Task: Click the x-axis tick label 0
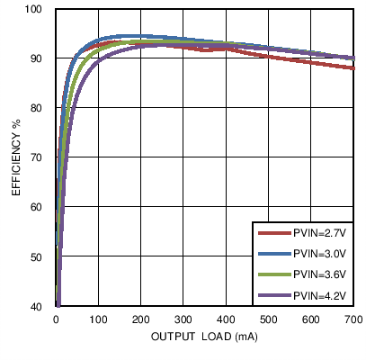pyautogui.click(x=56, y=319)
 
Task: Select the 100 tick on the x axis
pyautogui.click(x=98, y=319)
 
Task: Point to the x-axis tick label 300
pyautogui.click(x=183, y=319)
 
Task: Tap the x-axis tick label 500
pyautogui.click(x=268, y=319)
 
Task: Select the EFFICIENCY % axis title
pyautogui.click(x=15, y=157)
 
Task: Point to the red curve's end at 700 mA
pyautogui.click(x=352, y=67)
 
